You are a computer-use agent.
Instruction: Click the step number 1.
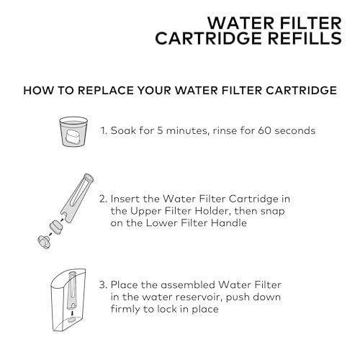103,132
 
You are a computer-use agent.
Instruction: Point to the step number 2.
104,198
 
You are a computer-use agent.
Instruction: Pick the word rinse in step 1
213,132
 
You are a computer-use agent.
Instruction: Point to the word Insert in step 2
127,198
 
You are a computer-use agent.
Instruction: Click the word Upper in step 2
148,211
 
